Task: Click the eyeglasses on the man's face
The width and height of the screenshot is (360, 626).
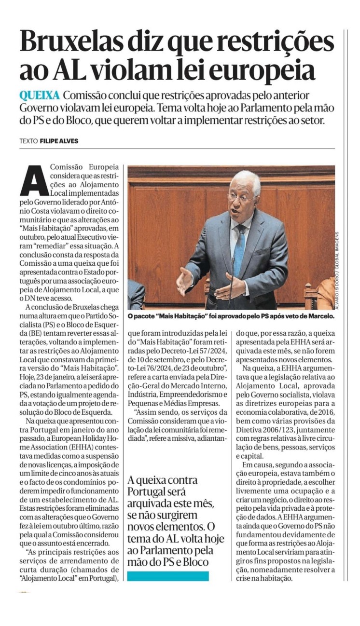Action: pyautogui.click(x=240, y=197)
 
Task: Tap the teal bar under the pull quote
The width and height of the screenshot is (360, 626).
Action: pyautogui.click(x=168, y=576)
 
